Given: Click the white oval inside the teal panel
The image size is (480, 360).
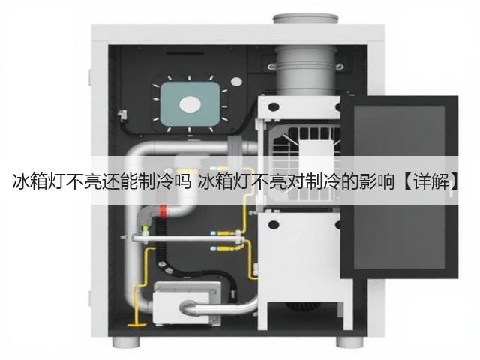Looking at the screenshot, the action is point(190,104).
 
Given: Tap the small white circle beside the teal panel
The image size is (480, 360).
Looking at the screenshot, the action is point(236,82).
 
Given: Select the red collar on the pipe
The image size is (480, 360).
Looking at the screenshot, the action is point(163,211).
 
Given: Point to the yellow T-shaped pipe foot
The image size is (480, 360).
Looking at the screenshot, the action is point(136,324).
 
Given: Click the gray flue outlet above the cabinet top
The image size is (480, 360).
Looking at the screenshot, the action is point(305,19).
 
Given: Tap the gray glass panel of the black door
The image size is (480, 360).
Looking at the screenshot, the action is point(399,187).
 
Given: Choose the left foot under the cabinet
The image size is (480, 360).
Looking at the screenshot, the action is point(126,342).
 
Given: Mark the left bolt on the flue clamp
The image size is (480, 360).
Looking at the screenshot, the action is point(271,66).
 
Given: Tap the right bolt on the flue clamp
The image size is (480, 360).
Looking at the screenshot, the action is point(339,66).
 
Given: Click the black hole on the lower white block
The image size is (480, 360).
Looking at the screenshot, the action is point(274,225).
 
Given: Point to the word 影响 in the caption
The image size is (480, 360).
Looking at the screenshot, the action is point(376,183).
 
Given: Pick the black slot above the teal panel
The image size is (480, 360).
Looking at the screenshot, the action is point(185,54).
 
